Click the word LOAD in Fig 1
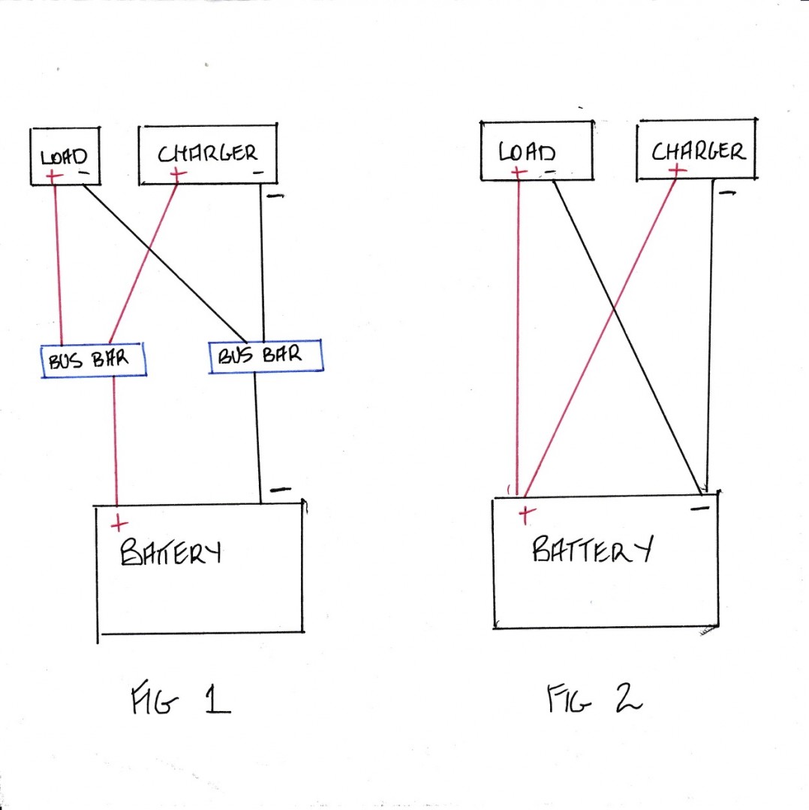(65, 157)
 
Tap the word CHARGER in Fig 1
(207, 154)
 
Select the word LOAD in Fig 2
(528, 153)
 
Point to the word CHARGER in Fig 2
(698, 152)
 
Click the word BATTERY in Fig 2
(591, 550)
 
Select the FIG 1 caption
(180, 703)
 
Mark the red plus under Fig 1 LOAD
(54, 177)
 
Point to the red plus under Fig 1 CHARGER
(178, 174)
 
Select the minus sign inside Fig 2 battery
(699, 508)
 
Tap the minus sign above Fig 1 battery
(280, 490)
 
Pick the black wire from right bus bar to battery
(257, 435)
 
